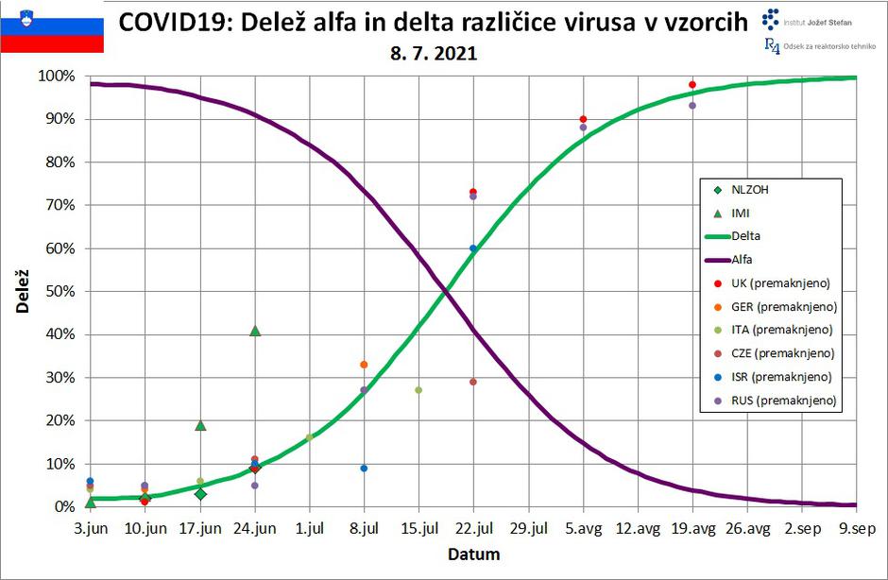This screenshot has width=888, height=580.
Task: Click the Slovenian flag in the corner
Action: (52, 27)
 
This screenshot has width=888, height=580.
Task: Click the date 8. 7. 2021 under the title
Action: (434, 54)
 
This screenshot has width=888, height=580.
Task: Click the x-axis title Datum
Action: (473, 554)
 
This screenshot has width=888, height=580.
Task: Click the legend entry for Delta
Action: (746, 236)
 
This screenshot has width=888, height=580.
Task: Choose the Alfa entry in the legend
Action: (742, 259)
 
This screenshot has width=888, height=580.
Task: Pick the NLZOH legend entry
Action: (751, 189)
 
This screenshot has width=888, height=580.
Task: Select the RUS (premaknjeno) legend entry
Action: (783, 401)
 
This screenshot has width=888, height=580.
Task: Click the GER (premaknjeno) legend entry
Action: (783, 306)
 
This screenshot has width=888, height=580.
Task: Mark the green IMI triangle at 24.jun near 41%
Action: (255, 331)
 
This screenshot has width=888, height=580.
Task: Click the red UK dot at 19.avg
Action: (692, 85)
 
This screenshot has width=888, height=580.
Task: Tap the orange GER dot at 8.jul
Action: (364, 365)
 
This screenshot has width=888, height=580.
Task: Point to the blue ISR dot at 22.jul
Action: (473, 248)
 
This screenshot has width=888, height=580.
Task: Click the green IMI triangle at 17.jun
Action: (200, 425)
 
